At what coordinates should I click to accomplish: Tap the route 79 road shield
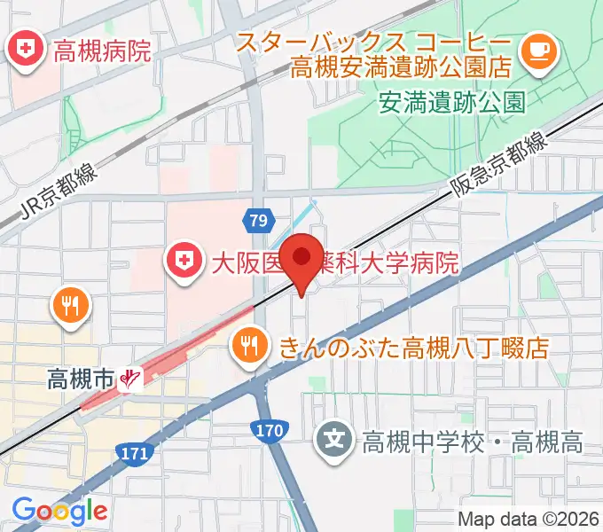coord(258,220)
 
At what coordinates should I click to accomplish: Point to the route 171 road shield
coord(134,454)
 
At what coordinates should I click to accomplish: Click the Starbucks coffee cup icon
coord(537,49)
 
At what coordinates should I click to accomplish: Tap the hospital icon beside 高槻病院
coord(24,49)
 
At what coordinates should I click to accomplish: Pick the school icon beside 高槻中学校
coord(334,440)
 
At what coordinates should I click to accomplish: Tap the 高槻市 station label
coord(82,379)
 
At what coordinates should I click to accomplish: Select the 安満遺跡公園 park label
coord(451,102)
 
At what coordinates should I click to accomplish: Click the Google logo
coord(59,511)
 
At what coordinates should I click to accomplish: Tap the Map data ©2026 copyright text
coord(529,519)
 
